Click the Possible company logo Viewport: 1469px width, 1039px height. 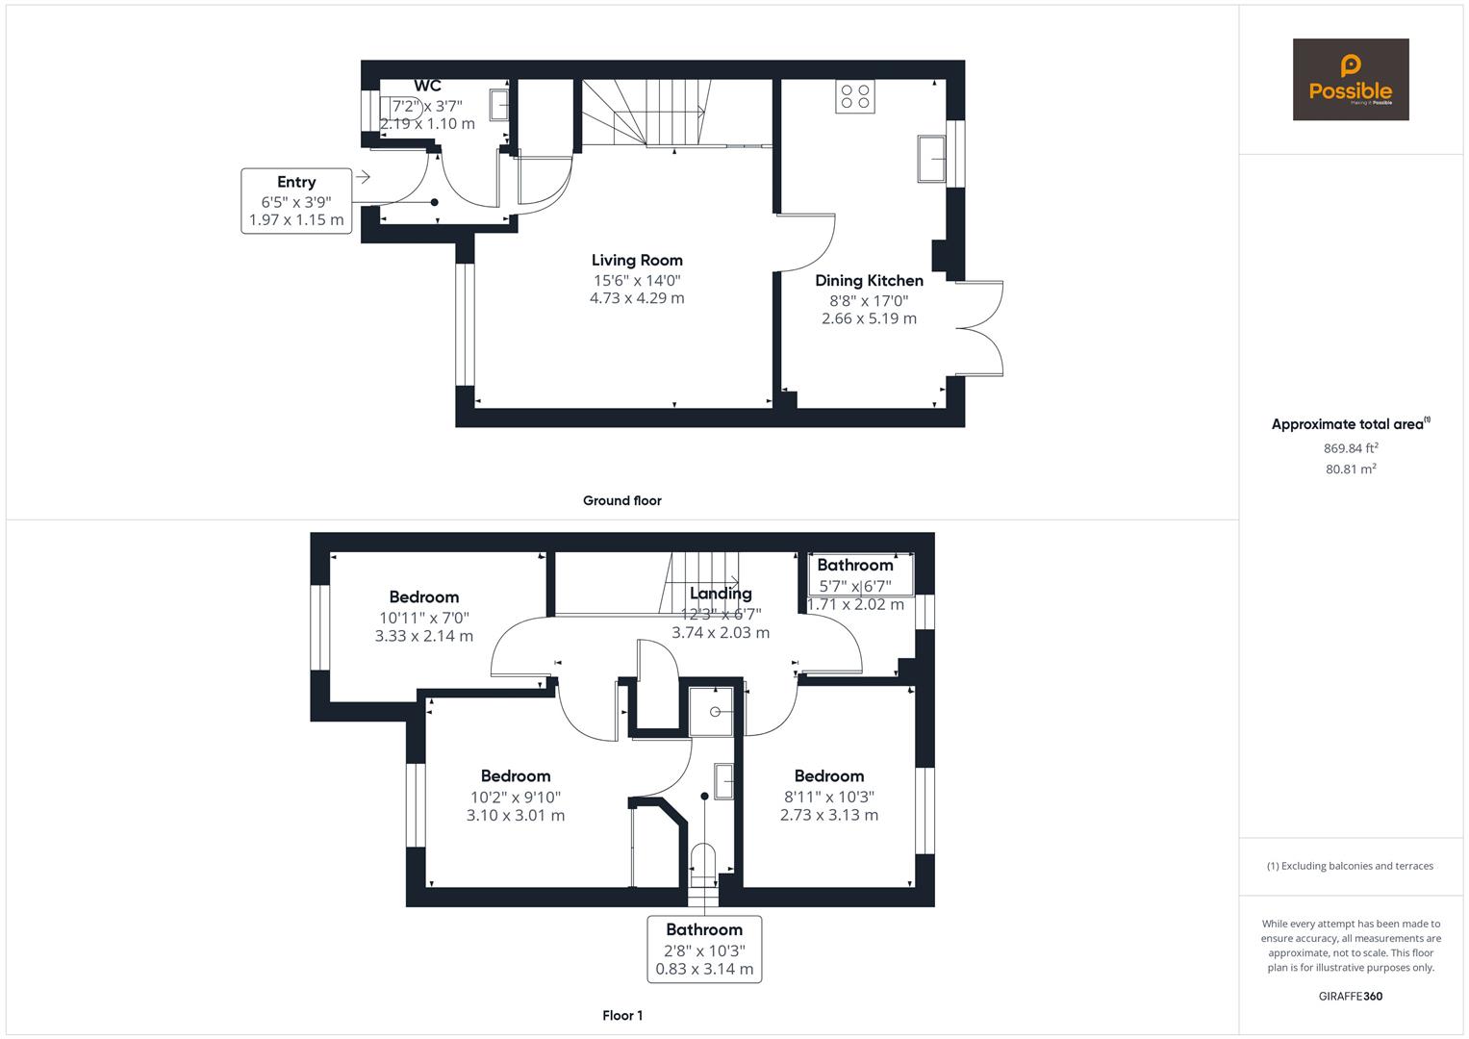(x=1350, y=80)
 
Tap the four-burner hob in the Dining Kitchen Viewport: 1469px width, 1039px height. (x=854, y=97)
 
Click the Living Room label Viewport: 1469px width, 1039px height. (x=637, y=260)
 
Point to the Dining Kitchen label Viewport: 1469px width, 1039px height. (x=869, y=281)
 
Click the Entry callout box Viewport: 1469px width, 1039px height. (x=296, y=201)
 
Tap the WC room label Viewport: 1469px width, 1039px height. (x=427, y=87)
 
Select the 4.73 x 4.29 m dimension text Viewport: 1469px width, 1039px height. (x=637, y=298)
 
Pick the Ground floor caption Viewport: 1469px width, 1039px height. (x=621, y=500)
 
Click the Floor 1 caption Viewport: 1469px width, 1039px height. (x=621, y=1015)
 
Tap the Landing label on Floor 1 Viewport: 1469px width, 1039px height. (x=721, y=594)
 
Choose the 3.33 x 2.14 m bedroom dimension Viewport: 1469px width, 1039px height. (x=423, y=636)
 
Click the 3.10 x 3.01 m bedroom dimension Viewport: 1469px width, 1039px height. (x=516, y=816)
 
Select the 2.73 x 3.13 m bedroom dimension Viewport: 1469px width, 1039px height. (x=828, y=815)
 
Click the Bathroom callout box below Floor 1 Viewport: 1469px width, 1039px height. (x=704, y=949)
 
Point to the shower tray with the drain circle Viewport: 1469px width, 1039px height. (x=715, y=712)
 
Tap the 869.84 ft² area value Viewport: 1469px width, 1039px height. (x=1351, y=448)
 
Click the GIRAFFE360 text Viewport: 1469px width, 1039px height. (x=1351, y=996)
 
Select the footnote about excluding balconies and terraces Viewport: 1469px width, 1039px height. (x=1350, y=866)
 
